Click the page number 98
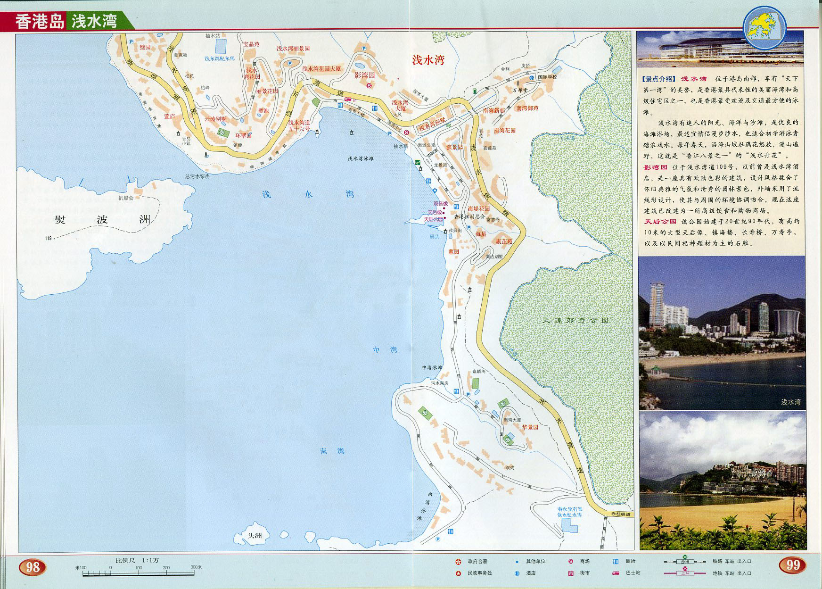coord(33,566)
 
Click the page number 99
coord(793,564)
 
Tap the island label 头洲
coord(255,536)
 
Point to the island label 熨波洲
coord(102,220)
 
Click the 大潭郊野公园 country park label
coord(575,320)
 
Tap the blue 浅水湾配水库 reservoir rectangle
coord(221,46)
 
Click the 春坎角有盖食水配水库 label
coord(570,512)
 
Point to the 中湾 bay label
coord(385,349)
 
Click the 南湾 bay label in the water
coord(332,451)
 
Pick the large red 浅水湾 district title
coord(428,60)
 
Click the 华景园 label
coord(530,427)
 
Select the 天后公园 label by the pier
coord(433,219)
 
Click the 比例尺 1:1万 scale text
coord(137,560)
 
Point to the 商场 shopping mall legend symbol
coord(570,561)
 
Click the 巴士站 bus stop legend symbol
coord(616,573)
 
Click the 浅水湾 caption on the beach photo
coord(790,402)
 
